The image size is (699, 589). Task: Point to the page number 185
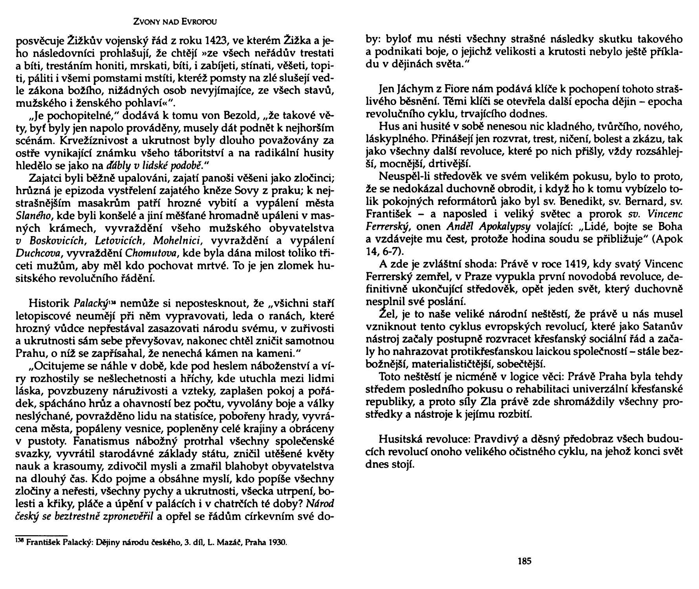[525, 561]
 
